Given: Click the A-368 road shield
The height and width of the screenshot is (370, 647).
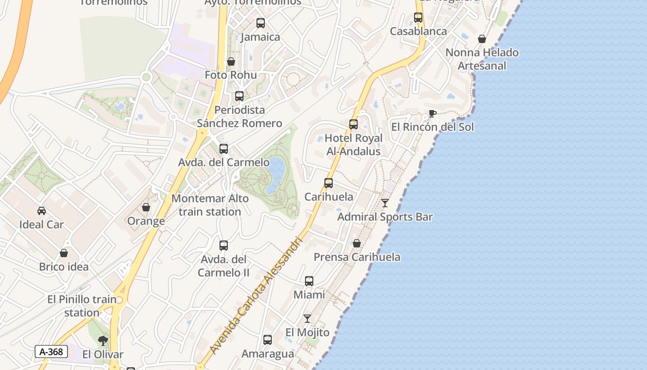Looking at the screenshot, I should coord(51,351).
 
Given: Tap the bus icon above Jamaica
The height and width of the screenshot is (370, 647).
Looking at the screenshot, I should coord(261,23).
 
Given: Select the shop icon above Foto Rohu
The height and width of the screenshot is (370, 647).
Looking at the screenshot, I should coord(231,62).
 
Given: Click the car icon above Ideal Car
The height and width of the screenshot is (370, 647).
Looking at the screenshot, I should coord(42,211).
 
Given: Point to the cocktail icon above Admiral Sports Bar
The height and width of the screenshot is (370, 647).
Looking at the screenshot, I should coord(385,203).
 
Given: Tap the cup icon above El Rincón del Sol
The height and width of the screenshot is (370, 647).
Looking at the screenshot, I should coord(432,113).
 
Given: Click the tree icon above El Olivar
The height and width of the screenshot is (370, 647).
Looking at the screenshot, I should coord(103,341).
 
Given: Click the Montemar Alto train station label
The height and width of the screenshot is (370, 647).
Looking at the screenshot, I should coord(210,205).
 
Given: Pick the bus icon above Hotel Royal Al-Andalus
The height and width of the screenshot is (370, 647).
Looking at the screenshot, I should coord(354,124).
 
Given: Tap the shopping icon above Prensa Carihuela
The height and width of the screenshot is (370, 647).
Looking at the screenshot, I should coord(357,243).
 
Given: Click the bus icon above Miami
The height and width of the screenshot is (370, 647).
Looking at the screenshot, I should coord(309,281).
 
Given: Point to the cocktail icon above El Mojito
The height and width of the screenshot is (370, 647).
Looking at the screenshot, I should coord(307,318).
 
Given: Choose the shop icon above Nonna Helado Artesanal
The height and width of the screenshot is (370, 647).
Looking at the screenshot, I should coord(482,39).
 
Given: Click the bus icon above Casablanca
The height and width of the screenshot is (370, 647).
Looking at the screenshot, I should coord(418,18).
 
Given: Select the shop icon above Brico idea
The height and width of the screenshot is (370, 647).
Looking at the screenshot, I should coord(64,253).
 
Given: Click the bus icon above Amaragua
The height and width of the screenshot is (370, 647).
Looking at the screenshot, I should coord(268,340).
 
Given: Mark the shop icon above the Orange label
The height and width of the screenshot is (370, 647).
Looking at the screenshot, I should coord(146,207).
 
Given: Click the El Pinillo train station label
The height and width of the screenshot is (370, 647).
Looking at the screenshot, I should coord(82,306).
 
